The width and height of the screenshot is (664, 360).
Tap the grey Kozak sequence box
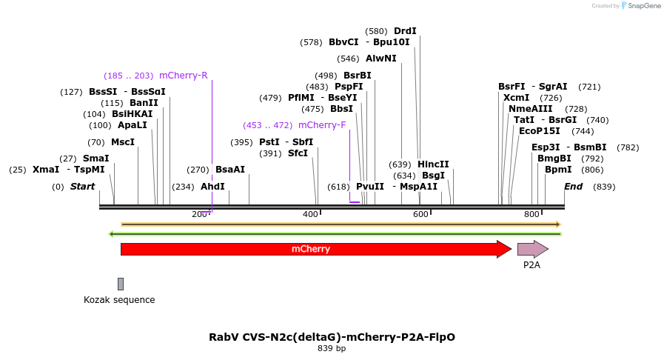pyautogui.click(x=121, y=284)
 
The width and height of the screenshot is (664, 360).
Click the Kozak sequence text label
pyautogui.click(x=119, y=300)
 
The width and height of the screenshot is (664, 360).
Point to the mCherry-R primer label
pyautogui.click(x=183, y=75)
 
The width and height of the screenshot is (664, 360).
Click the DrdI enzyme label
pyautogui.click(x=405, y=31)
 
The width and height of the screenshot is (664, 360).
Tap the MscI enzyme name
pyautogui.click(x=123, y=142)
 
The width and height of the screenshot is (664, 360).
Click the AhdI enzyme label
pyautogui.click(x=212, y=187)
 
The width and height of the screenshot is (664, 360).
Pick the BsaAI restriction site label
pyautogui.click(x=230, y=170)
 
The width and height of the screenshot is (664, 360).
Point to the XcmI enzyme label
pyautogui.click(x=516, y=98)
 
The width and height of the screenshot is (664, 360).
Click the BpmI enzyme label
pyautogui.click(x=558, y=170)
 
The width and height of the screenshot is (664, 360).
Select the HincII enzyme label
pyautogui.click(x=433, y=164)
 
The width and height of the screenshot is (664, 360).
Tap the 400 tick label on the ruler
pyautogui.click(x=310, y=215)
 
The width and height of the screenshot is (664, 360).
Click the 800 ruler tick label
pyautogui.click(x=531, y=215)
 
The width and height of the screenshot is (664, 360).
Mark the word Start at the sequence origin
pyautogui.click(x=83, y=187)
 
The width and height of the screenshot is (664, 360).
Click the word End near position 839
pyautogui.click(x=573, y=187)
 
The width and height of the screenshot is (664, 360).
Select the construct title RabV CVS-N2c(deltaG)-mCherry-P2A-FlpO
pyautogui.click(x=332, y=337)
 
